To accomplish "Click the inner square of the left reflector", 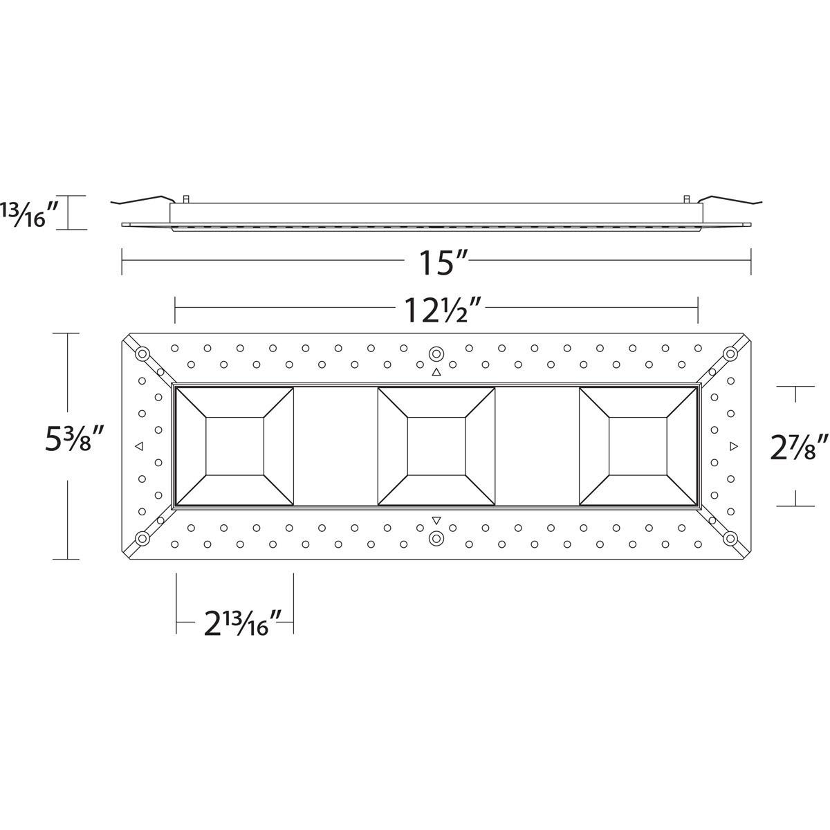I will (234, 447).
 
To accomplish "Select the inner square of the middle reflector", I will (436, 447).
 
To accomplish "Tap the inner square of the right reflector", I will (638, 447).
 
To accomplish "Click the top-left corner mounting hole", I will (142, 354).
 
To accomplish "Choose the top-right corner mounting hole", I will (730, 354).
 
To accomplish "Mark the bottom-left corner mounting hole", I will (142, 538).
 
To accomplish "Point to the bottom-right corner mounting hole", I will (730, 538).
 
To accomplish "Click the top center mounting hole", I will (436, 353).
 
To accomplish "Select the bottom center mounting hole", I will (436, 538).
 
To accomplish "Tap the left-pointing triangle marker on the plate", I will (139, 446).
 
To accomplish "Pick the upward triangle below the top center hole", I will (436, 373).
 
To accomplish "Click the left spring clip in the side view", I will (142, 200).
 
